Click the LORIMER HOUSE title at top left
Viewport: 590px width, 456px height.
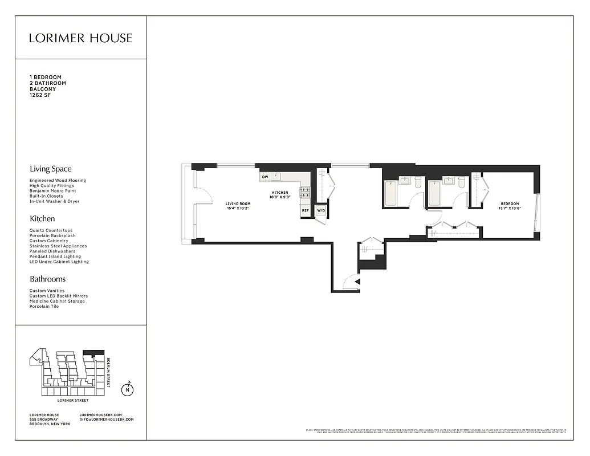(x=80, y=38)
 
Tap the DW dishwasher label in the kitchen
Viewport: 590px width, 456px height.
(x=265, y=177)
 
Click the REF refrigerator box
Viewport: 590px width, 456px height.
(x=305, y=211)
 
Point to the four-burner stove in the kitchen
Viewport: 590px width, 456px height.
(x=305, y=192)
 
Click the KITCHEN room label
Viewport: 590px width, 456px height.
(x=279, y=193)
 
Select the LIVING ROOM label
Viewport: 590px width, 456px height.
(x=238, y=203)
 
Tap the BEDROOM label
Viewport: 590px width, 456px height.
(x=510, y=203)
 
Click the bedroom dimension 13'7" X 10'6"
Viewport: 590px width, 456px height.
(x=510, y=209)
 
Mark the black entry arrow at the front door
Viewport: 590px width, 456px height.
(x=357, y=281)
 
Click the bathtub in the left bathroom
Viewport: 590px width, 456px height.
(x=391, y=194)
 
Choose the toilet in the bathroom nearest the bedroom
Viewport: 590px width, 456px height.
(x=461, y=182)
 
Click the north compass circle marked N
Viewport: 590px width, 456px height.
(x=128, y=390)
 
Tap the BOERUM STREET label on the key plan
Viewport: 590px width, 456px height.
(x=109, y=372)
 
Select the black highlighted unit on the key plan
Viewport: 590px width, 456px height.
(x=93, y=353)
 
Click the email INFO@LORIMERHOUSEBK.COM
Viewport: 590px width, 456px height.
(x=107, y=420)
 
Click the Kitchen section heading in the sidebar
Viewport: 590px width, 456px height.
(x=42, y=218)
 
